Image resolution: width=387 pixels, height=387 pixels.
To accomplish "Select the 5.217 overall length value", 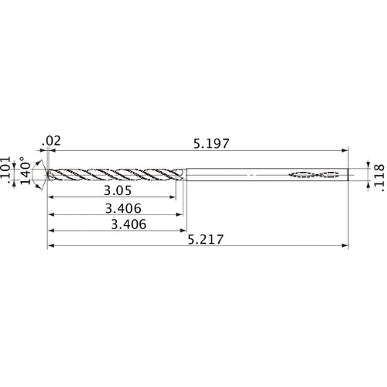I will pyautogui.click(x=207, y=240).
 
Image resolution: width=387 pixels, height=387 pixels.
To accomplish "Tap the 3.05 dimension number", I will pyautogui.click(x=118, y=190).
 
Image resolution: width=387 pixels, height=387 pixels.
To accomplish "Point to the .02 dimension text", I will pyautogui.click(x=53, y=141).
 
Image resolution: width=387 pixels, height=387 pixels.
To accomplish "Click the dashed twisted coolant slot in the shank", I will pyautogui.click(x=314, y=175).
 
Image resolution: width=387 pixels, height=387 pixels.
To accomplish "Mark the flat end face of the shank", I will pyautogui.click(x=349, y=175).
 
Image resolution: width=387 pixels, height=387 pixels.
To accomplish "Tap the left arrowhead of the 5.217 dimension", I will pyautogui.click(x=51, y=247).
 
